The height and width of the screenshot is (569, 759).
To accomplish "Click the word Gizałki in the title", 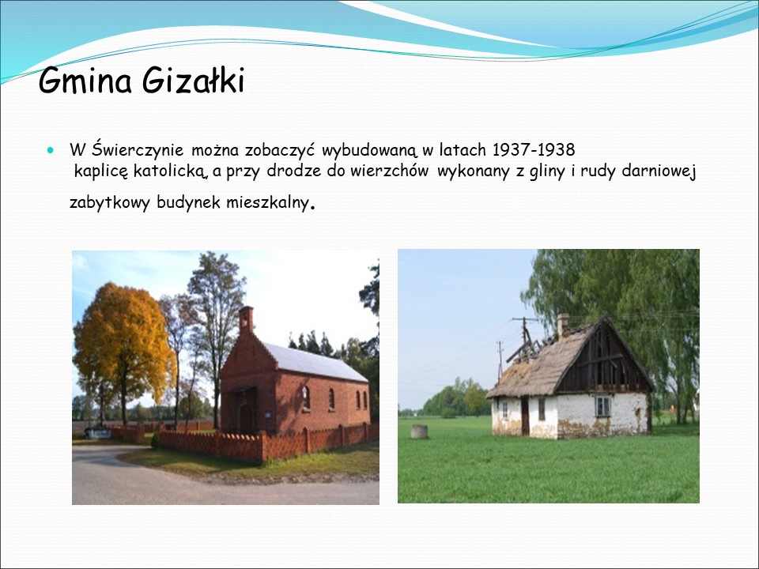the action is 193,81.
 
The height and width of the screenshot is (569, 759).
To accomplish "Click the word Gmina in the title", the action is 85,81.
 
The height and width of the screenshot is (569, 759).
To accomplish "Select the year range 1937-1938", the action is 534,150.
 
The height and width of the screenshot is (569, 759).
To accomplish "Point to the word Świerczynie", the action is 138,149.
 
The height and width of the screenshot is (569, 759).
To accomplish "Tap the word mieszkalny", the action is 267,203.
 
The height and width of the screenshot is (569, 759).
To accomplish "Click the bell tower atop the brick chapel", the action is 247,319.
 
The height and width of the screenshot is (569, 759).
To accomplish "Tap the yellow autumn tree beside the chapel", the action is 123,349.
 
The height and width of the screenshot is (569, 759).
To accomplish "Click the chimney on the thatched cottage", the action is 562,325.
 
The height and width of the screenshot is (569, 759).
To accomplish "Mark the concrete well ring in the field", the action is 419,431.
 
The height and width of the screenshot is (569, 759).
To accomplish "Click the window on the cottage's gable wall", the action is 602,406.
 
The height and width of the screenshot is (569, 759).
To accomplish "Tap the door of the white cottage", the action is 525,416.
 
